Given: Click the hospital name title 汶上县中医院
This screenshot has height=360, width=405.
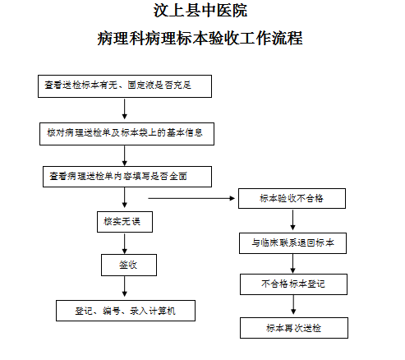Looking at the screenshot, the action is coord(200,11).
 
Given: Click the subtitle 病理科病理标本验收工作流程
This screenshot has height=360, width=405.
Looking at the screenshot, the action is coord(200,38).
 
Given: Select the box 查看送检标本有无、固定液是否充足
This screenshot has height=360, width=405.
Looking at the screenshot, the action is coord(125,86).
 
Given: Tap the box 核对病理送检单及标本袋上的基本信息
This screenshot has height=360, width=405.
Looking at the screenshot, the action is coord(127,134).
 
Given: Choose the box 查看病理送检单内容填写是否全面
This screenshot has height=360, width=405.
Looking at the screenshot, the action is coord(127,177).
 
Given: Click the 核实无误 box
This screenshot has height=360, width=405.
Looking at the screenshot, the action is coord(125,222).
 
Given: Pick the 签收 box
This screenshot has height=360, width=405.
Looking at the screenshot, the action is coord(129,265).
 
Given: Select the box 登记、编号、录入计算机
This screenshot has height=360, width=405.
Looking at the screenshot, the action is coord(126,311).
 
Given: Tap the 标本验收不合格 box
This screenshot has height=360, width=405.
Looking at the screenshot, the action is coord(292,198).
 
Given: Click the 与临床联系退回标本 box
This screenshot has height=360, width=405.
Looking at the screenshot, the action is coord(292,243).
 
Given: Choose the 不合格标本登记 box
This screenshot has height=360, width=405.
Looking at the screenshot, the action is coord(293,284).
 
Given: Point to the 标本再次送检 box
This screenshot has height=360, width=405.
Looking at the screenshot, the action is coord(294,328).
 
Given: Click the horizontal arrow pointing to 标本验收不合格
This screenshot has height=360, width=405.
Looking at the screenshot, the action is coord(191,198).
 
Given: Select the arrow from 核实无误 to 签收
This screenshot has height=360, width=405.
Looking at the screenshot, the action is coord(125,243).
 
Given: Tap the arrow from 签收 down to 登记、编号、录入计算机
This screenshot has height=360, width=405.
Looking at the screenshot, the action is coord(125,286).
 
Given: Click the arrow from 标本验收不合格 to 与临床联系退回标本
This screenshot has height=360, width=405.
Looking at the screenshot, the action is coord(292,219).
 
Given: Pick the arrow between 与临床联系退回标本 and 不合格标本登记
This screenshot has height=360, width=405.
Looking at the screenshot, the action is coord(292,264).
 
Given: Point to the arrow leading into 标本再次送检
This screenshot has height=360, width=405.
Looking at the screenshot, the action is coord(293,305).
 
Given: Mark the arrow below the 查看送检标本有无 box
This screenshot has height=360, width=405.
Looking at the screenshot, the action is coord(125,109).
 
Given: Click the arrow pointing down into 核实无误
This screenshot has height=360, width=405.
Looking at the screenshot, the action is coord(125,197).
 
